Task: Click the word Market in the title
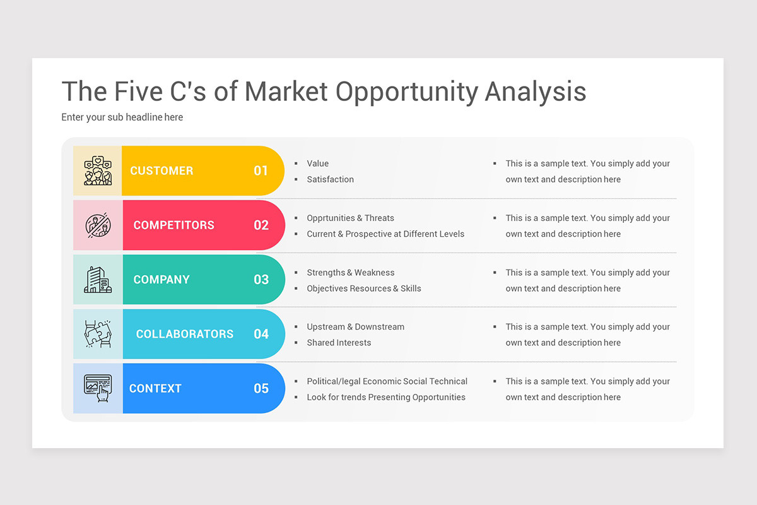click(x=286, y=92)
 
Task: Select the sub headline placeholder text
click(x=122, y=117)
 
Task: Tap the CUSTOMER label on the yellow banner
click(x=161, y=170)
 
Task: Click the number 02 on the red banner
click(x=261, y=225)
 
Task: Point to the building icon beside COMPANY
click(x=98, y=280)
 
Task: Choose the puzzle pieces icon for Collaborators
click(x=98, y=334)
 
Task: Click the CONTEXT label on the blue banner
click(x=155, y=388)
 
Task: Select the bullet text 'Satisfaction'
click(x=330, y=179)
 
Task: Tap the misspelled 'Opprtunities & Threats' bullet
click(x=350, y=218)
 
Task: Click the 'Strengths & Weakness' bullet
click(x=350, y=273)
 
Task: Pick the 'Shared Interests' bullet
click(x=339, y=343)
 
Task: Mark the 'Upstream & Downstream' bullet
click(x=355, y=327)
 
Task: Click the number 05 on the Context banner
click(x=261, y=388)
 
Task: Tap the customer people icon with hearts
click(x=98, y=170)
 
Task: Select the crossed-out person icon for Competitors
click(x=98, y=225)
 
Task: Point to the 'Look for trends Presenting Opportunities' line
click(x=385, y=397)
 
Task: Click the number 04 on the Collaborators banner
click(x=261, y=334)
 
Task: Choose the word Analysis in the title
click(x=535, y=92)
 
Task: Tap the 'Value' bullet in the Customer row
click(x=317, y=163)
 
